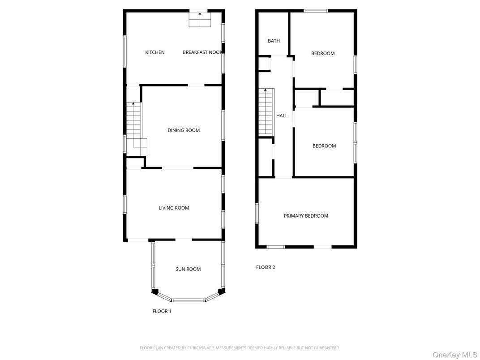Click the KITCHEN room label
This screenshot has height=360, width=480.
(154, 52)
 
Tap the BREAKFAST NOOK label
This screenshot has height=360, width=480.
(202, 52)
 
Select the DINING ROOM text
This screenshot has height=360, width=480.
(184, 130)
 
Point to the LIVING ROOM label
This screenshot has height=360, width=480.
(174, 208)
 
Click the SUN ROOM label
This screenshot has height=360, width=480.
(188, 269)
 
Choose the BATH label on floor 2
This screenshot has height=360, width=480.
(274, 41)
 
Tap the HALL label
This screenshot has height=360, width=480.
(282, 116)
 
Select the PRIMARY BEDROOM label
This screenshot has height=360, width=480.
(306, 216)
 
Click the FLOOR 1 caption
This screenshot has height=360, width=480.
(162, 311)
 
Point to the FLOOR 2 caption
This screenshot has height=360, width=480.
(266, 267)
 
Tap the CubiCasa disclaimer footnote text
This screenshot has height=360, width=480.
(240, 347)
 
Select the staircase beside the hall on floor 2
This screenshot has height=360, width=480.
(266, 112)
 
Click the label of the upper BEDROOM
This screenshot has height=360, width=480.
(323, 54)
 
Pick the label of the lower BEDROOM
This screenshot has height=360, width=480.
(324, 146)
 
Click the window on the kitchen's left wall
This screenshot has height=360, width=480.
(125, 52)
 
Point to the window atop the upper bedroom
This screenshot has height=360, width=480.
(316, 11)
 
